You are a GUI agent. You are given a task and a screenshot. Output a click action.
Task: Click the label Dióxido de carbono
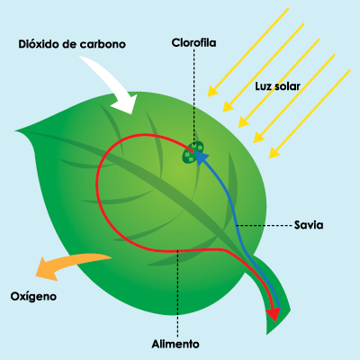click(72, 44)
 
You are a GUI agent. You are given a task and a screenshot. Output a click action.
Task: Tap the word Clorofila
click(193, 42)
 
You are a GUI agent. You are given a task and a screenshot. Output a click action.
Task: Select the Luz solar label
click(277, 86)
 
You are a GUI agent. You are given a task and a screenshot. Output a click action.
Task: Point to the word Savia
click(309, 225)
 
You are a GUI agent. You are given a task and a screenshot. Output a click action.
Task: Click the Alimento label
click(175, 344)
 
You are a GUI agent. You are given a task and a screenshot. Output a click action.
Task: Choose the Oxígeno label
click(33, 296)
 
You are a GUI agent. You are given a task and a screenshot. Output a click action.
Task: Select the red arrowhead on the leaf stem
click(273, 315)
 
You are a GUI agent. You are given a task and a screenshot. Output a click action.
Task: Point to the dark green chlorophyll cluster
click(193, 152)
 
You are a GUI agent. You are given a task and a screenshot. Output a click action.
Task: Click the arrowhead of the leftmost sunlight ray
click(212, 91)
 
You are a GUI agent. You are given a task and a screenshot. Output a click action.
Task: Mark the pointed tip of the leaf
click(15, 131)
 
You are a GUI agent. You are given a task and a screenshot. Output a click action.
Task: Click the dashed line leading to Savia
click(264, 225)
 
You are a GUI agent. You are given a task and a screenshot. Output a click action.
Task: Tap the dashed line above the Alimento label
click(178, 293)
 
